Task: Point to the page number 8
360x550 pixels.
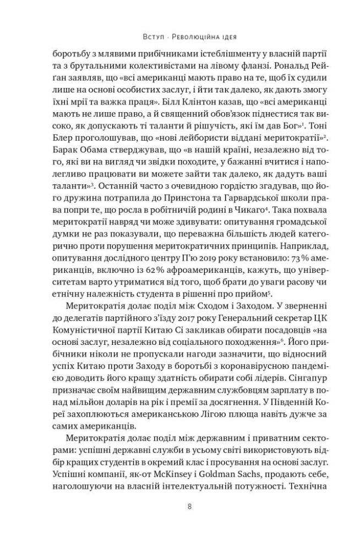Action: point(189,507)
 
